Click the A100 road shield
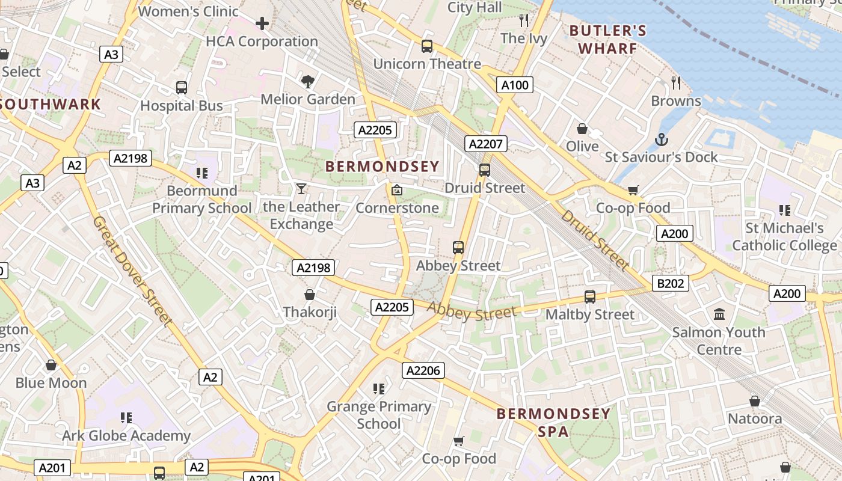pyautogui.click(x=515, y=85)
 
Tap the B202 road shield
pyautogui.click(x=670, y=283)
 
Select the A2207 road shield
pyautogui.click(x=486, y=144)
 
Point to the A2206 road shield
pyautogui.click(x=423, y=370)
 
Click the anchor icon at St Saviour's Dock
pyautogui.click(x=661, y=140)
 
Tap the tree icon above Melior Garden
pyautogui.click(x=307, y=81)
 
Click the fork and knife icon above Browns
pyautogui.click(x=676, y=82)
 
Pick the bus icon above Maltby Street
pyautogui.click(x=589, y=296)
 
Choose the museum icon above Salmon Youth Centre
pyautogui.click(x=719, y=314)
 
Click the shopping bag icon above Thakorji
pyautogui.click(x=309, y=295)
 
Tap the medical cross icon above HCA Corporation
pyautogui.click(x=262, y=23)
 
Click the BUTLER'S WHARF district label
pyautogui.click(x=607, y=39)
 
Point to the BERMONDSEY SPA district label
pyautogui.click(x=554, y=423)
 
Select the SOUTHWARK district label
pyautogui.click(x=51, y=104)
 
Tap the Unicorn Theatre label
pyautogui.click(x=427, y=64)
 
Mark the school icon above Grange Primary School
pyautogui.click(x=378, y=389)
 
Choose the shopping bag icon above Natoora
pyautogui.click(x=754, y=401)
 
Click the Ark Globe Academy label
pyautogui.click(x=126, y=435)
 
